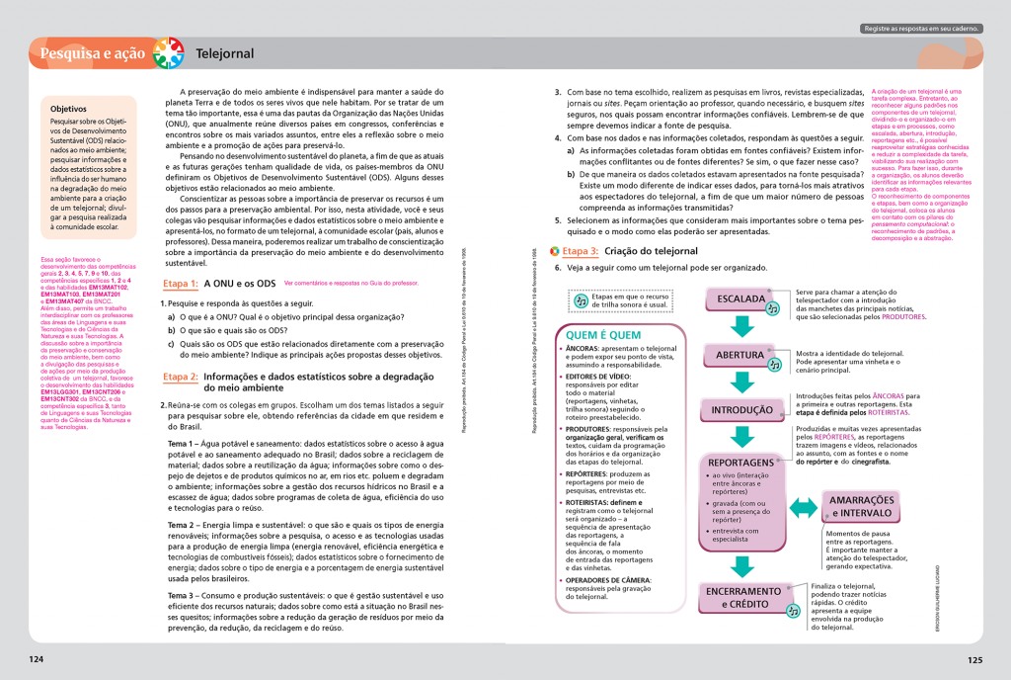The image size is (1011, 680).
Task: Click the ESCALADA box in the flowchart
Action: tap(740, 298)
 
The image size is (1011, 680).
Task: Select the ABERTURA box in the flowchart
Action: tap(740, 355)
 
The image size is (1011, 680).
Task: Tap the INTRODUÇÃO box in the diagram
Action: tap(741, 409)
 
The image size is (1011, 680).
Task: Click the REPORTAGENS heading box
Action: tap(740, 463)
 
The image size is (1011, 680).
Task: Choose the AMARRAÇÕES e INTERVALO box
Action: tap(862, 506)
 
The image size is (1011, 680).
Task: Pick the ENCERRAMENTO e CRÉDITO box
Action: tap(742, 597)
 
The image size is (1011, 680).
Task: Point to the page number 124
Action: tap(37, 659)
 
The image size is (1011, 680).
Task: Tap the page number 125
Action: tap(974, 659)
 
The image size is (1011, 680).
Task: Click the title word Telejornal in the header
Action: tap(225, 53)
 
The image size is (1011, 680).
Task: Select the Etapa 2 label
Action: tap(181, 377)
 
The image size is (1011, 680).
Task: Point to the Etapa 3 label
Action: tap(581, 252)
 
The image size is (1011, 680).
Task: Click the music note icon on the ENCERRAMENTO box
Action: tap(792, 611)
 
